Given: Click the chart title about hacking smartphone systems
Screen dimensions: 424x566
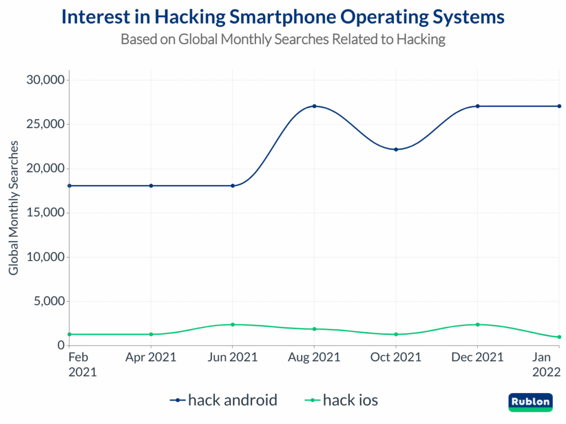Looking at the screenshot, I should pyautogui.click(x=283, y=17).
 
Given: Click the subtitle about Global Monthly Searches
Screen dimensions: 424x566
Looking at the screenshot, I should pyautogui.click(x=283, y=40).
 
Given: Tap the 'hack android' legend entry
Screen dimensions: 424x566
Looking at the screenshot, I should pyautogui.click(x=224, y=400).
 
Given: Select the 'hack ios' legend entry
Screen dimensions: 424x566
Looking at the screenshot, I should pyautogui.click(x=342, y=400).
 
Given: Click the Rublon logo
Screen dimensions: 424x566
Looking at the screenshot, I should pyautogui.click(x=530, y=401).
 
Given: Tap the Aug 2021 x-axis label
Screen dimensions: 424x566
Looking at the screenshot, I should pyautogui.click(x=314, y=357).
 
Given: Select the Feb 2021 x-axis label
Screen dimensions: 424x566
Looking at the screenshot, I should pyautogui.click(x=82, y=364).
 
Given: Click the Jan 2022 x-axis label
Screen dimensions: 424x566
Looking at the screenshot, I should pyautogui.click(x=546, y=364).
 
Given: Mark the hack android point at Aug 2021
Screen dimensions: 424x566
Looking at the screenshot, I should pyautogui.click(x=314, y=106).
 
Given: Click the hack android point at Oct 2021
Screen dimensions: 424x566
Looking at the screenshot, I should pyautogui.click(x=396, y=150).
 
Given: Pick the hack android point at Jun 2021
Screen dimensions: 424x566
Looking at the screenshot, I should pyautogui.click(x=233, y=185).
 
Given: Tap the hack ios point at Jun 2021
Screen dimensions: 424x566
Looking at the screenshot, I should pyautogui.click(x=233, y=325).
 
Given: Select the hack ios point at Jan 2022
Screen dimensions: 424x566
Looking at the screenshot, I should pyautogui.click(x=559, y=337).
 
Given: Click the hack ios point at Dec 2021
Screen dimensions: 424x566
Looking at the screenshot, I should pyautogui.click(x=478, y=325).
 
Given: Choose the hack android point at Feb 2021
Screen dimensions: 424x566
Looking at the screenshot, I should pyautogui.click(x=69, y=185).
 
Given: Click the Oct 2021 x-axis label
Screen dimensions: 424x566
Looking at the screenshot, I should pyautogui.click(x=396, y=357).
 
